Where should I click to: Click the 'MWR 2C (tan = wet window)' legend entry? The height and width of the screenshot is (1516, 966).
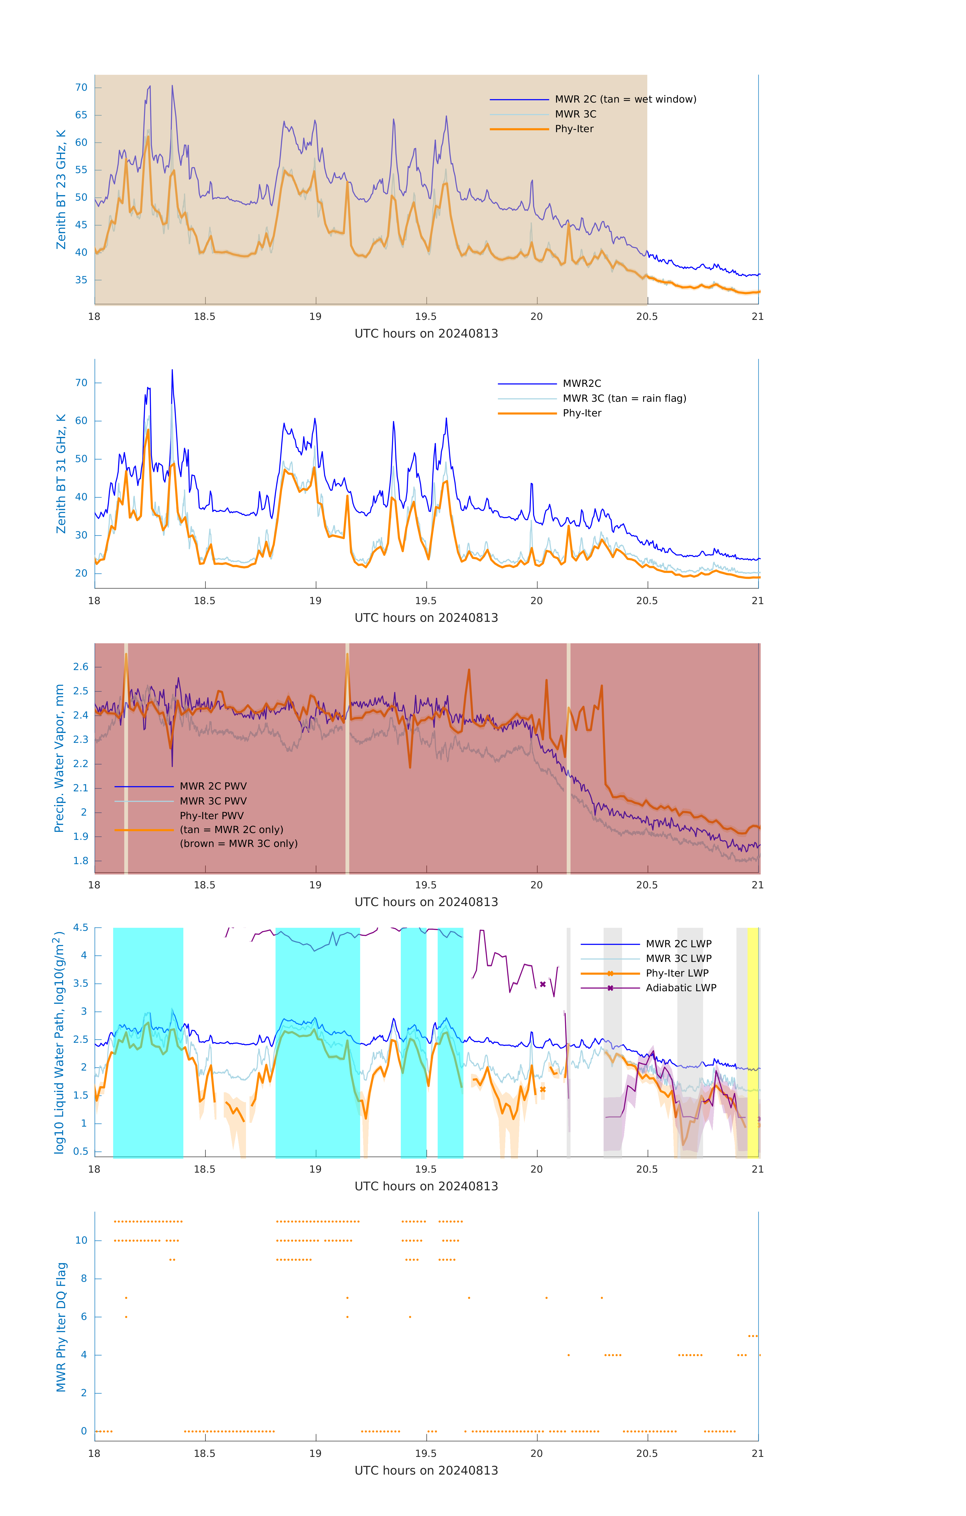click(625, 100)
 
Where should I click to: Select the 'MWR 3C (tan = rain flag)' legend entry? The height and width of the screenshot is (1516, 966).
click(624, 398)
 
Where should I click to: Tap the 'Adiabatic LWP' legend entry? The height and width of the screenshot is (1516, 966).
click(680, 988)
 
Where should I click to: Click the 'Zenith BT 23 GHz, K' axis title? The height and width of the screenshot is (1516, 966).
click(61, 189)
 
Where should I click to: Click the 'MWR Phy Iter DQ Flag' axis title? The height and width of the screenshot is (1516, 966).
click(61, 1327)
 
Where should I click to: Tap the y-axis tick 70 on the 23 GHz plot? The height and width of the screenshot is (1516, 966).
click(81, 87)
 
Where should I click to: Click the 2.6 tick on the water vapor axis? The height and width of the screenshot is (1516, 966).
click(81, 667)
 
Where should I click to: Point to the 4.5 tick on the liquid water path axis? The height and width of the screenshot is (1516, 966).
click(81, 927)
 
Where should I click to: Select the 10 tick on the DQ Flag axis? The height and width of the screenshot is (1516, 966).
click(81, 1240)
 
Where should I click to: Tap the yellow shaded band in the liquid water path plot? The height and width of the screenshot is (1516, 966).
click(753, 1042)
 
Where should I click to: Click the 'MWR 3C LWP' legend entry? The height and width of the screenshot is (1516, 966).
click(678, 958)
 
